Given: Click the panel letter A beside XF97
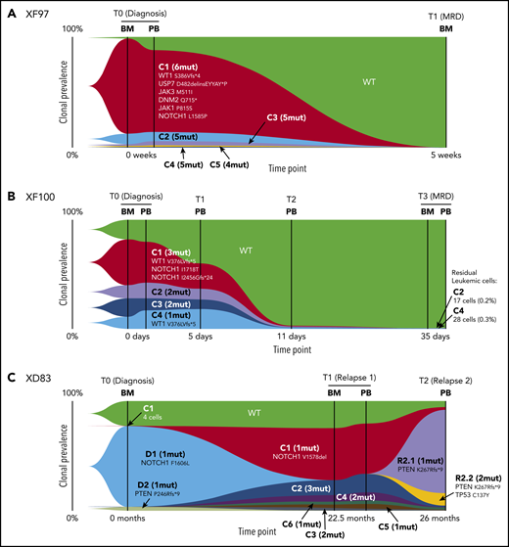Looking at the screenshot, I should click(9, 9).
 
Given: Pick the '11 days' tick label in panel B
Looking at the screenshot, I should click(291, 335).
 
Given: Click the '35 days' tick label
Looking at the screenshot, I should click(434, 335).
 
